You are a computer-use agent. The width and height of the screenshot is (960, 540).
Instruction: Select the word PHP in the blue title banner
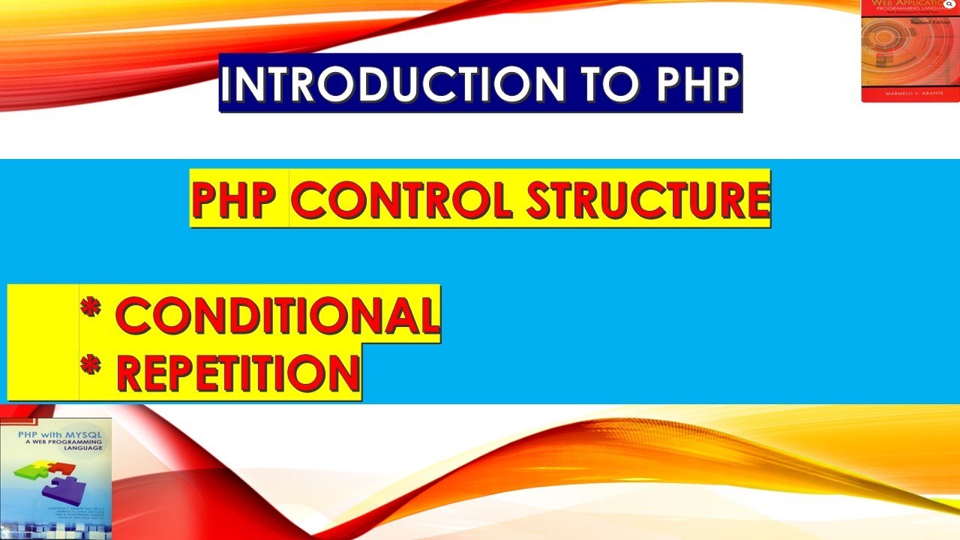[697, 84]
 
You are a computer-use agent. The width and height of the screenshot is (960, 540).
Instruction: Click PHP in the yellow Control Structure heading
[238, 199]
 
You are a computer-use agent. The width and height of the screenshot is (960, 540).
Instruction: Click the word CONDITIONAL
[277, 315]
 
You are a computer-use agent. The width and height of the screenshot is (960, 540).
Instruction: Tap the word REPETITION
[238, 372]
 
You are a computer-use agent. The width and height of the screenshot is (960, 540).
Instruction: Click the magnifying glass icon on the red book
[952, 4]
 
